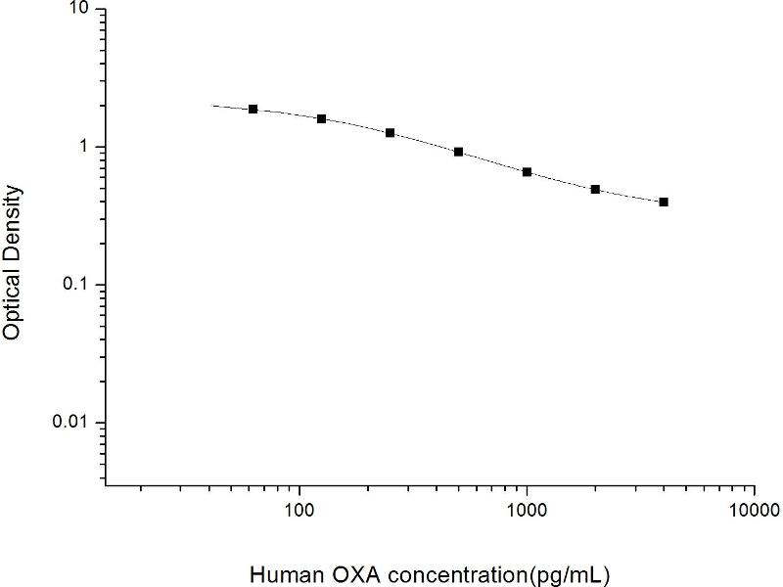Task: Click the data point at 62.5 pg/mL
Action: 253,109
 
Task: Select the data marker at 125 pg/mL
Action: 321,118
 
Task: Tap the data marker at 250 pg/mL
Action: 390,132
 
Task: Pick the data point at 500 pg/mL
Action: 458,152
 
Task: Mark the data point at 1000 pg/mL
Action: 527,171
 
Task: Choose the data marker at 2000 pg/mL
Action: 595,189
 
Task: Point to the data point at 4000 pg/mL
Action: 664,202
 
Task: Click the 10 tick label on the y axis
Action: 77,9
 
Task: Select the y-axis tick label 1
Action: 85,147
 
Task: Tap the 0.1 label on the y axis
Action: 77,285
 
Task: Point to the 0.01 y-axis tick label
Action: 72,423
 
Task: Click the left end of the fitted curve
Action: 213,105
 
